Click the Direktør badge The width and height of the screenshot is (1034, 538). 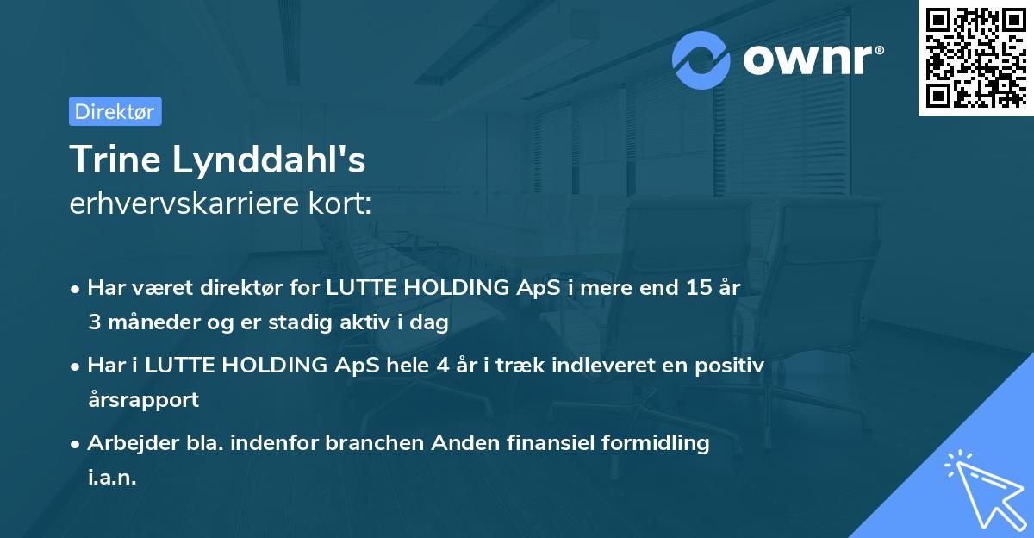pyautogui.click(x=115, y=111)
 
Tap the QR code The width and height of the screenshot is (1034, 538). pyautogui.click(x=975, y=57)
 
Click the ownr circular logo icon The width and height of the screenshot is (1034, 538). pyautogui.click(x=702, y=59)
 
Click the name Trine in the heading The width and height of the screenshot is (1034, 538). pyautogui.click(x=115, y=160)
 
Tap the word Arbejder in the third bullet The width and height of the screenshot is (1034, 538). pyautogui.click(x=126, y=443)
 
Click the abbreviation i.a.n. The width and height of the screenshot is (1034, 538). pyautogui.click(x=112, y=478)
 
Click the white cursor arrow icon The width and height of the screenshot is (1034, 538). pyautogui.click(x=985, y=491)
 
